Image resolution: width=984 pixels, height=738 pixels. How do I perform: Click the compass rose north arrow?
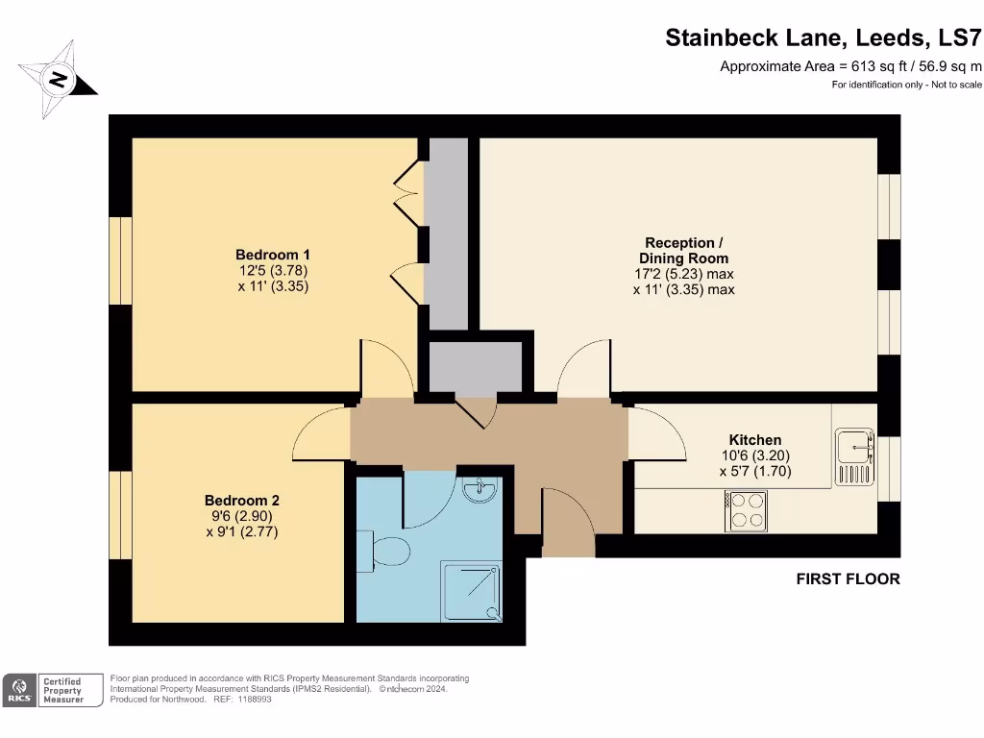click(58, 80)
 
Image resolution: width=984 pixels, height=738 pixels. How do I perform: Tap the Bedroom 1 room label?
click(273, 255)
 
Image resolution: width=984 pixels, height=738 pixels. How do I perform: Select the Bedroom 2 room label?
click(241, 501)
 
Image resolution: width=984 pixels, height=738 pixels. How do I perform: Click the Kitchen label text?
click(754, 440)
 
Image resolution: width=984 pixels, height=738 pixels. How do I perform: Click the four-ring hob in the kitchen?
click(746, 510)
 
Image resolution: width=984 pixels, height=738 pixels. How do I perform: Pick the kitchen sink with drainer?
click(853, 456)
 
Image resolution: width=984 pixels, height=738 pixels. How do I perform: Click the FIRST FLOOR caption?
click(848, 578)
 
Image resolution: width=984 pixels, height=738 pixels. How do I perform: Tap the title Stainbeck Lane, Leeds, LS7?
click(824, 38)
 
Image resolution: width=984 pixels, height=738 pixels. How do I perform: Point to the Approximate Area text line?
click(850, 66)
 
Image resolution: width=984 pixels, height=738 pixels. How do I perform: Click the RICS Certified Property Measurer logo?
click(54, 690)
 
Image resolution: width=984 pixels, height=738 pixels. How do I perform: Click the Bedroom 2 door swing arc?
click(321, 432)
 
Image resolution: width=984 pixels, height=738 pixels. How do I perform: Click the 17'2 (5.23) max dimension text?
click(683, 274)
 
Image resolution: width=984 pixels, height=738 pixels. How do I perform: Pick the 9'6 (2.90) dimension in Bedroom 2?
click(241, 516)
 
